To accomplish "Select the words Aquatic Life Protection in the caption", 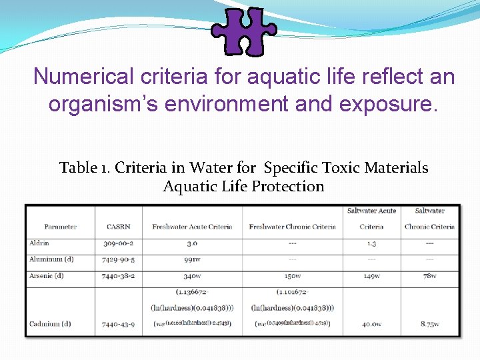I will [x=243, y=187].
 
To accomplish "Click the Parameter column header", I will [x=60, y=227].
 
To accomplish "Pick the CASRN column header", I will [x=118, y=227].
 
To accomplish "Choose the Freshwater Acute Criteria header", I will [x=192, y=227].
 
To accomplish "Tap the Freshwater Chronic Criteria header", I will [x=292, y=227].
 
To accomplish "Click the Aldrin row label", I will [x=39, y=243].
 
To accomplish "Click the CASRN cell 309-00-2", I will [x=118, y=243].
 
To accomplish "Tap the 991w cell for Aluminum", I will [x=192, y=259].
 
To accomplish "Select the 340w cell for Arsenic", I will [x=192, y=275].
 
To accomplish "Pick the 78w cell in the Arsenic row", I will [x=429, y=275].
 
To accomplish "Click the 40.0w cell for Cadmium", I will [x=371, y=324].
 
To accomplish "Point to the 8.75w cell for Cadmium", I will [x=429, y=324].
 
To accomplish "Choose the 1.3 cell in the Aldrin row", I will [x=371, y=243].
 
